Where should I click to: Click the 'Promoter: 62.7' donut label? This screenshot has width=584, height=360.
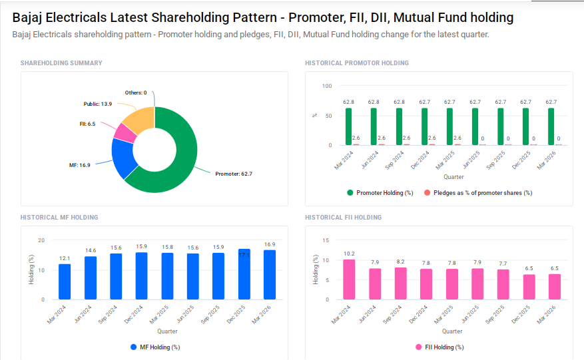(x=234, y=174)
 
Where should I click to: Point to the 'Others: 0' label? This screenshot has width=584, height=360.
(x=136, y=92)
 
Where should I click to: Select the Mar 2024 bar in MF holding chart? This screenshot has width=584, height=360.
(x=65, y=281)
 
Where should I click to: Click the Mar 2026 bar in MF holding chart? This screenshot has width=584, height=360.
(x=270, y=274)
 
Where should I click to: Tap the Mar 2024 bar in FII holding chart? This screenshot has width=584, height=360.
(x=349, y=279)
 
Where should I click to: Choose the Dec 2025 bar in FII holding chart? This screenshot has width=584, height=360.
(x=529, y=286)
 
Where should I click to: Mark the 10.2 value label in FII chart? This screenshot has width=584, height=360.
(x=349, y=254)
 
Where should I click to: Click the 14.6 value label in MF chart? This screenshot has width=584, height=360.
(x=91, y=250)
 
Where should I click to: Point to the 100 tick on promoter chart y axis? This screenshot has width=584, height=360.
(x=326, y=86)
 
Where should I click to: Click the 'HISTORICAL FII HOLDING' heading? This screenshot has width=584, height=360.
(x=343, y=218)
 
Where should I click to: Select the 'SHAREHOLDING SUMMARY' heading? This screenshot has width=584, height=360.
(x=61, y=63)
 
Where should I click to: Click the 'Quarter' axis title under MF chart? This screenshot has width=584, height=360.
(x=167, y=331)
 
